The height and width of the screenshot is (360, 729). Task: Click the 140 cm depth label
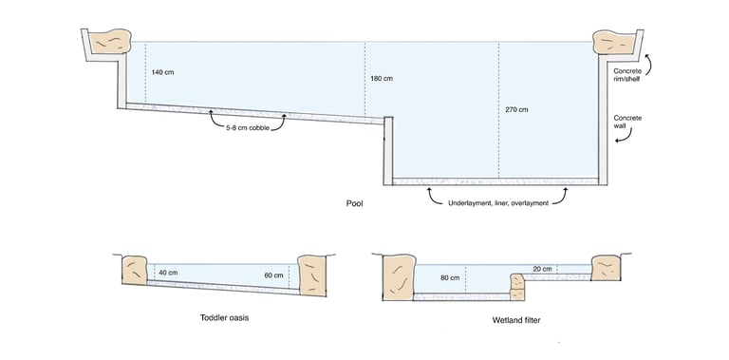point(162,72)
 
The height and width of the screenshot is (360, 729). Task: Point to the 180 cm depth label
point(382,77)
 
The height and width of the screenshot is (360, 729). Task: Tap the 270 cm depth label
point(516,110)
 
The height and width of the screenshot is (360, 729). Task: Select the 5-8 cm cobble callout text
point(247,125)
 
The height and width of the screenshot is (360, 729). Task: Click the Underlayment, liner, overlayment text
point(498,202)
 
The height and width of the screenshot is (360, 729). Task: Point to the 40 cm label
point(169,272)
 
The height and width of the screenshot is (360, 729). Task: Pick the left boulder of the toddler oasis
point(133,270)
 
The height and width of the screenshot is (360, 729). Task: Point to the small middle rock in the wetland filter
point(517,285)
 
